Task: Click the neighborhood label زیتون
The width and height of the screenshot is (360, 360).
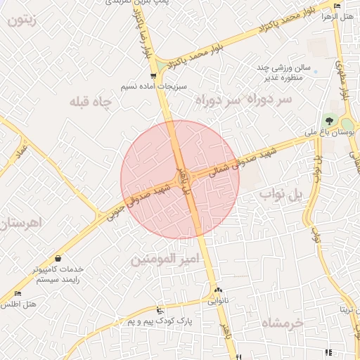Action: [x=25, y=20]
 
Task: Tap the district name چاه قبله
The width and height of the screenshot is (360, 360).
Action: [x=91, y=103]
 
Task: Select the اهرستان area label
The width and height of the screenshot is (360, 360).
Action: [x=21, y=224]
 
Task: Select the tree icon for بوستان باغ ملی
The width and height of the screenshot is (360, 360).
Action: [x=328, y=120]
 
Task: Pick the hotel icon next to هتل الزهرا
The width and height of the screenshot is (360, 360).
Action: [x=338, y=6]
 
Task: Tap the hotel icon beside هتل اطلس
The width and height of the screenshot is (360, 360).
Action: [x=18, y=293]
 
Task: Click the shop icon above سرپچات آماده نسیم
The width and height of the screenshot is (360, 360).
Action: [x=153, y=76]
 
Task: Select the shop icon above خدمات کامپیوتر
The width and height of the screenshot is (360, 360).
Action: [x=57, y=258]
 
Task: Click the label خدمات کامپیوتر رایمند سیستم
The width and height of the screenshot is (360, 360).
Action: [x=56, y=274]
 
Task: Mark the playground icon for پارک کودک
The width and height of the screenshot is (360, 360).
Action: [x=160, y=310]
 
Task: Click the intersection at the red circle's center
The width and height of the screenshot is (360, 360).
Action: [x=180, y=176]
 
